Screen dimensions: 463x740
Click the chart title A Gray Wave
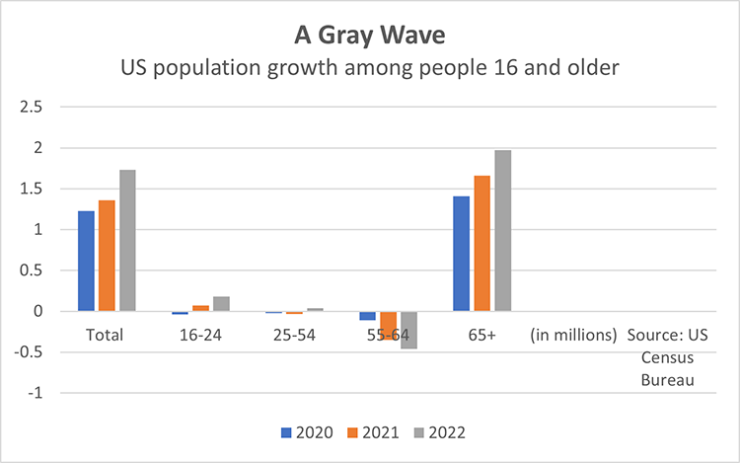pyautogui.click(x=369, y=36)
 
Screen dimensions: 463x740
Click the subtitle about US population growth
pyautogui.click(x=369, y=69)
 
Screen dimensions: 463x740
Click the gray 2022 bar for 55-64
pyautogui.click(x=408, y=330)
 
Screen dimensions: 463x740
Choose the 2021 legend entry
pyautogui.click(x=374, y=432)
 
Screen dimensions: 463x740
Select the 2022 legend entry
pyautogui.click(x=439, y=432)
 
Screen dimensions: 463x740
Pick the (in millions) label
pyautogui.click(x=573, y=335)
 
